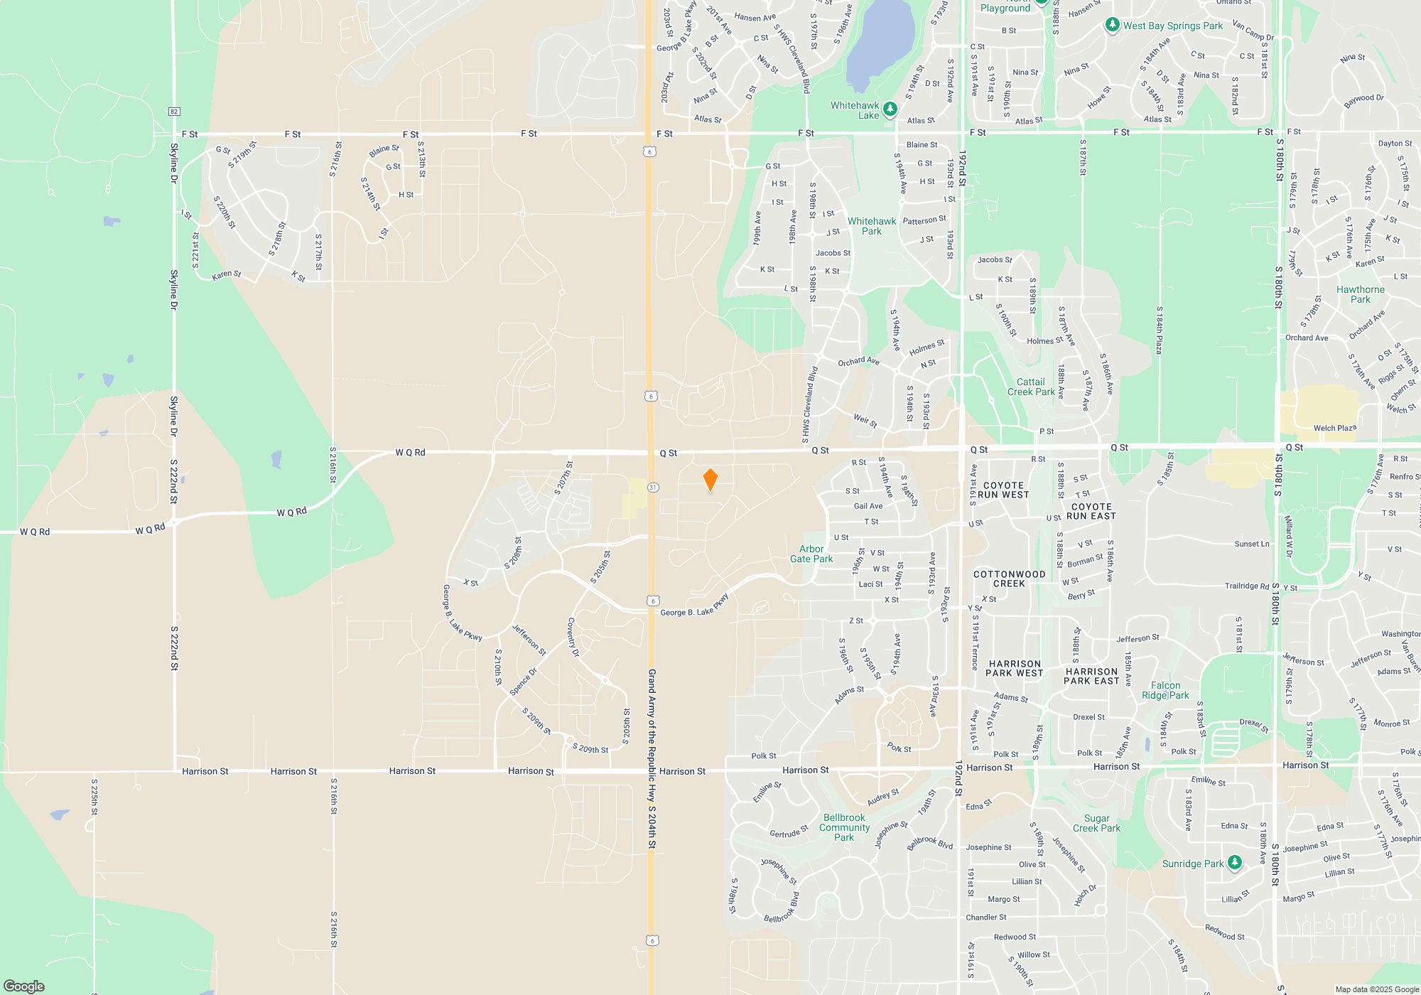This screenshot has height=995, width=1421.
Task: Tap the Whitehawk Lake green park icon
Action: pyautogui.click(x=890, y=109)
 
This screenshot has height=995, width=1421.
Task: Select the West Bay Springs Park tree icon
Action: pyautogui.click(x=1112, y=26)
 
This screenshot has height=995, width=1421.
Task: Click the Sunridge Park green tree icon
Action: pyautogui.click(x=1235, y=863)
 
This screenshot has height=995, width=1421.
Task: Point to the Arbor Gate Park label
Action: pyautogui.click(x=811, y=554)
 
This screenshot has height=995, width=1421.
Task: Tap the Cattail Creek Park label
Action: pyautogui.click(x=1031, y=387)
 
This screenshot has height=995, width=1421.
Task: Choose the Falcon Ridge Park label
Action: pyautogui.click(x=1165, y=690)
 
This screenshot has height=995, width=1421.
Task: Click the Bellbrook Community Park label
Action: pyautogui.click(x=844, y=827)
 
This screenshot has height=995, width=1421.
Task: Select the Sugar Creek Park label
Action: pyautogui.click(x=1096, y=823)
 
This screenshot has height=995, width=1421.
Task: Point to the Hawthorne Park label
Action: pyautogui.click(x=1360, y=294)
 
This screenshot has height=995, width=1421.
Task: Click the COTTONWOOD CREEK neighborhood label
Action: pyautogui.click(x=1009, y=579)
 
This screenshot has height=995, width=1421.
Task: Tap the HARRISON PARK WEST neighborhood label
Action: pyautogui.click(x=1014, y=668)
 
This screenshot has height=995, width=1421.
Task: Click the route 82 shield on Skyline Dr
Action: pyautogui.click(x=174, y=112)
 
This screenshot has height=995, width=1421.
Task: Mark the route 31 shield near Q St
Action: pyautogui.click(x=653, y=488)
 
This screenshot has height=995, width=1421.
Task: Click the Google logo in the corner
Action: pyautogui.click(x=23, y=986)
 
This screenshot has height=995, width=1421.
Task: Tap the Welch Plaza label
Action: pyautogui.click(x=1335, y=428)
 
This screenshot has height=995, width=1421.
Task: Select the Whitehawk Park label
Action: pyautogui.click(x=872, y=226)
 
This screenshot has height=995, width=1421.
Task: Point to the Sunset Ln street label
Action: pyautogui.click(x=1252, y=544)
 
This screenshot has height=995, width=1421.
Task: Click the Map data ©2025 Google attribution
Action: pyautogui.click(x=1376, y=989)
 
